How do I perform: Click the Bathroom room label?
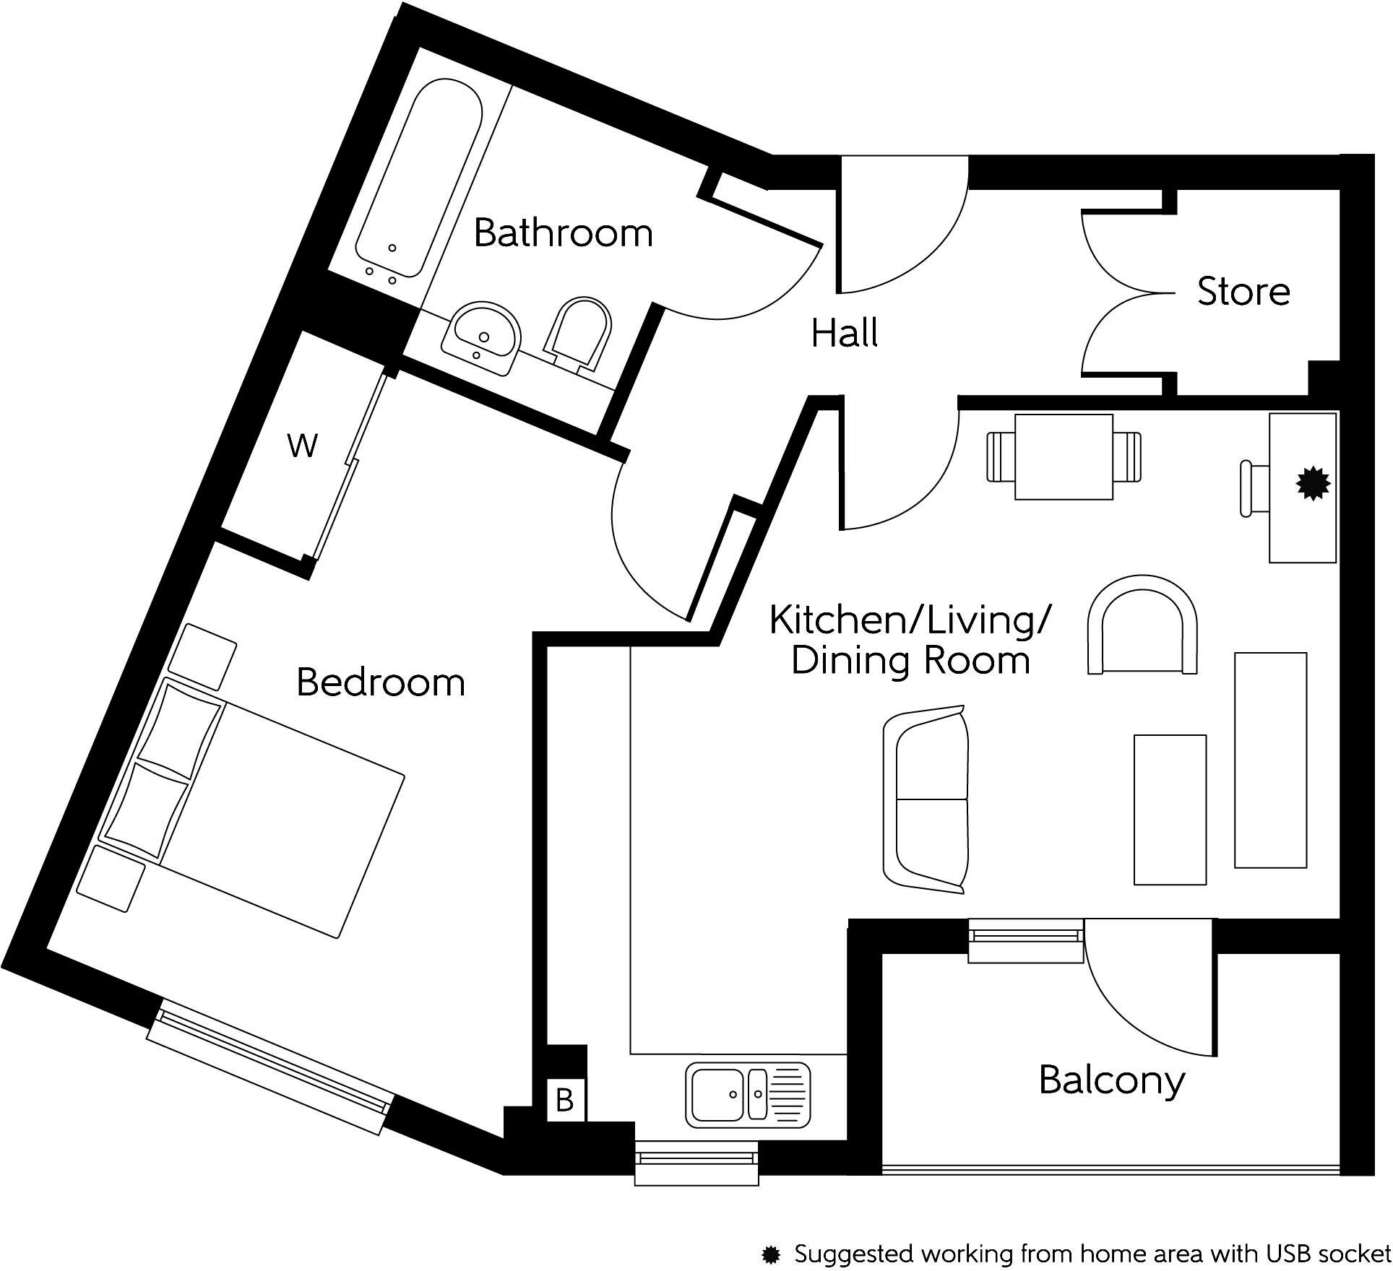(563, 233)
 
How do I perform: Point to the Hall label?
(844, 334)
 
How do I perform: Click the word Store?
(1243, 292)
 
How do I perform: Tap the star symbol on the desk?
(1313, 484)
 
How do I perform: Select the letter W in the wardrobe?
(302, 446)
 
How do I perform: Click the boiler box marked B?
(564, 1101)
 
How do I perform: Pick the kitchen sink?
(747, 1095)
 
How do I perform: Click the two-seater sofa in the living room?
(926, 799)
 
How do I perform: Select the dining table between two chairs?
(1064, 457)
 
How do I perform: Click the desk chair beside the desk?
(1254, 489)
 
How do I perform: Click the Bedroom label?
(381, 682)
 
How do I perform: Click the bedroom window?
(270, 1067)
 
